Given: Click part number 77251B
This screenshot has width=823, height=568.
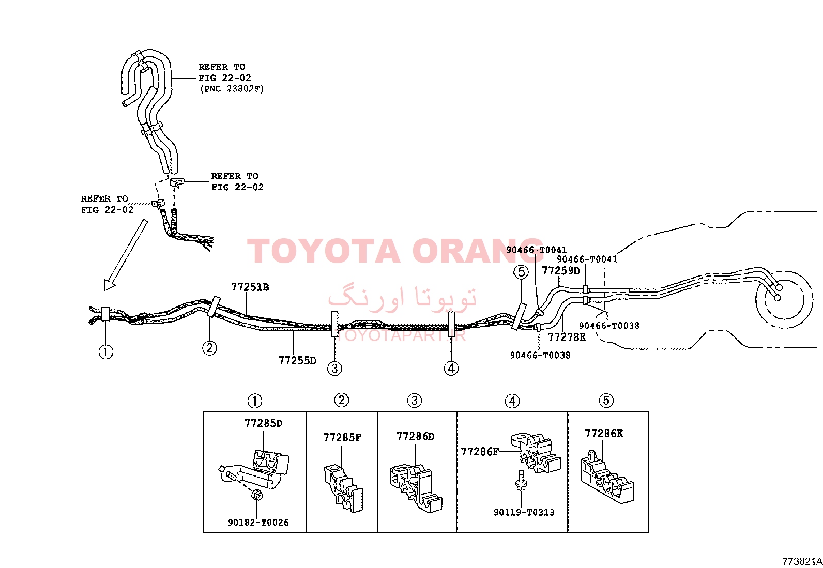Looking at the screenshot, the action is (x=250, y=287).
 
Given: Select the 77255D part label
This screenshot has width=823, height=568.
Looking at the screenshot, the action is (x=297, y=360).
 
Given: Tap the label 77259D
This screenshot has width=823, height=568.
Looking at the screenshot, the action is (x=561, y=271).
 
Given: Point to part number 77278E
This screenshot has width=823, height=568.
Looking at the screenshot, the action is (x=567, y=337).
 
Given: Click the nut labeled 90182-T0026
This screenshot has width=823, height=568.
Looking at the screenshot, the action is (x=257, y=495).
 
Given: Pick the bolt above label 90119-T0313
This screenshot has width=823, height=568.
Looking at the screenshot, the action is (x=521, y=480).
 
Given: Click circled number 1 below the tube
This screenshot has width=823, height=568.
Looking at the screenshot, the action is (x=106, y=352).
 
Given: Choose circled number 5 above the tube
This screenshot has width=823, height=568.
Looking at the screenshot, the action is (x=521, y=272).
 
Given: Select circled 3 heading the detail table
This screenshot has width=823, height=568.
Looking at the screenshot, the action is (x=415, y=401).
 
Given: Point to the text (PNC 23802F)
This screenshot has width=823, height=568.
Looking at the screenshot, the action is (x=232, y=89).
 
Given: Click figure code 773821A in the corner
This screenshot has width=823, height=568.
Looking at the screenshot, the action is (x=802, y=561).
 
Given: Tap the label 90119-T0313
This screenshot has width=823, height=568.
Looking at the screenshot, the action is (x=524, y=512).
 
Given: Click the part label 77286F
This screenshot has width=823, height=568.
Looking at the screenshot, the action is (x=480, y=452).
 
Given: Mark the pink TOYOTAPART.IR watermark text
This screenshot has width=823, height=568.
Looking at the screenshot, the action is (x=401, y=335).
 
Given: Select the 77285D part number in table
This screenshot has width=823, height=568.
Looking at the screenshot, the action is (x=264, y=423).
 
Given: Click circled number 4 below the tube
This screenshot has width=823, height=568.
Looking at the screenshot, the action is (x=451, y=368).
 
